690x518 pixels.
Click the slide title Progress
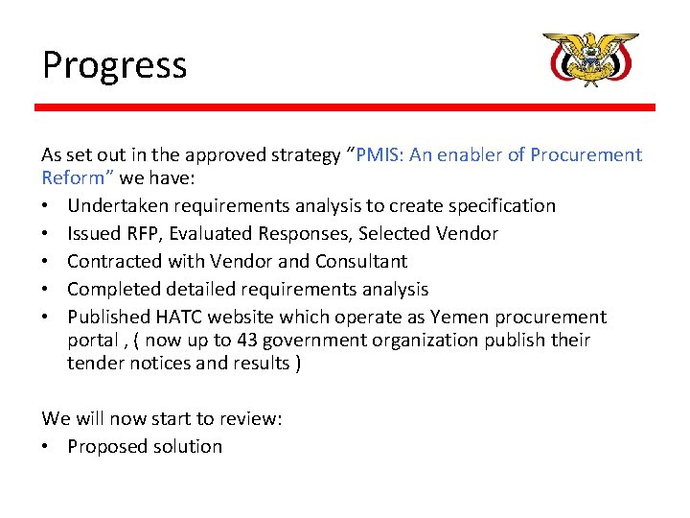tap(114, 65)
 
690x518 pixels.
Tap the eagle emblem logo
tap(590, 60)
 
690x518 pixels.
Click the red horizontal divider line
tap(345, 107)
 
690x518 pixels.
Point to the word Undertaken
tap(115, 206)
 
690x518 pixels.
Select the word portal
tap(93, 341)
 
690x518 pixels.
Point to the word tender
tap(94, 364)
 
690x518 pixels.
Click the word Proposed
tap(107, 447)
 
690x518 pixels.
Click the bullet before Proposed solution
tap(47, 447)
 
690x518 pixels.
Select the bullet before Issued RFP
tap(47, 234)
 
